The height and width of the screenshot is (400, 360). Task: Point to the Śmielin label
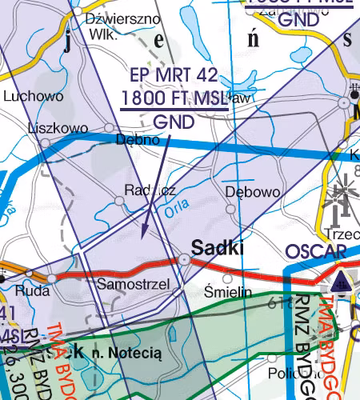[229, 292]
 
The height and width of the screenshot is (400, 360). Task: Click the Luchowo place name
[33, 97]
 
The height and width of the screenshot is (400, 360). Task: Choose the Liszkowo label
[57, 128]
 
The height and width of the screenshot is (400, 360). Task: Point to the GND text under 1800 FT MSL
[174, 123]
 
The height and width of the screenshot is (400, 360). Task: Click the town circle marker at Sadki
[185, 259]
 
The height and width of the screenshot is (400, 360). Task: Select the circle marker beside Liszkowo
[45, 142]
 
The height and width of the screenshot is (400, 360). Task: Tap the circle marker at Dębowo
[231, 209]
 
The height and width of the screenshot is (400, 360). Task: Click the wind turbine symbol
[345, 196]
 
